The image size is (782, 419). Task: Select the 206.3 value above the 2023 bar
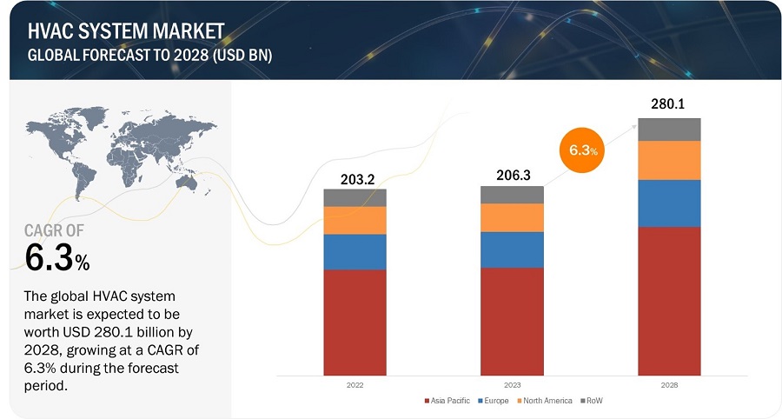click(512, 175)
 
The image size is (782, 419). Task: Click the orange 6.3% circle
click(583, 150)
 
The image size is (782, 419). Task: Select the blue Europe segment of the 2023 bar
click(512, 249)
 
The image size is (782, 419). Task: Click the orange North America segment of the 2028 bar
click(669, 160)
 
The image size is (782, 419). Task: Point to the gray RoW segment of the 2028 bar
click(669, 130)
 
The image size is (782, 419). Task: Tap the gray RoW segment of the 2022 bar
click(355, 197)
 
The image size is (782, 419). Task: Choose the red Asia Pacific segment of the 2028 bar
click(669, 301)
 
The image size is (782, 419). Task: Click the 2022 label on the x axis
click(355, 384)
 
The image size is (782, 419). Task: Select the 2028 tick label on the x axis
click(669, 384)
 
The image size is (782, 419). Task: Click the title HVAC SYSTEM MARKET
click(126, 32)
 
